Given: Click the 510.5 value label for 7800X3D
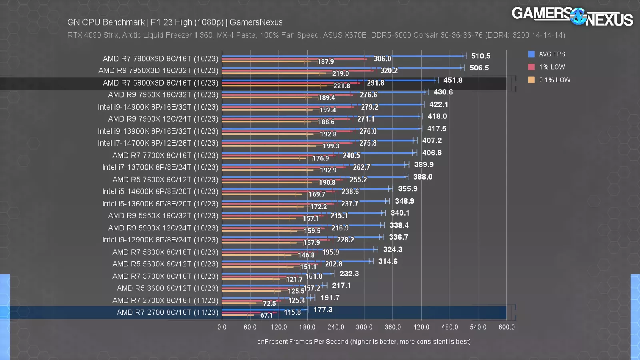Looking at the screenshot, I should click(480, 56).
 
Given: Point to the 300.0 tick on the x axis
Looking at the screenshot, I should click(364, 327).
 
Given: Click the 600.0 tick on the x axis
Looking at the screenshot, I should click(506, 327).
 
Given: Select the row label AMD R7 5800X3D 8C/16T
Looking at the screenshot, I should click(160, 83).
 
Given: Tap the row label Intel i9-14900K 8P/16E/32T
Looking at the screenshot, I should click(158, 107).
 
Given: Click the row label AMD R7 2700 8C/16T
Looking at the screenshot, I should click(167, 312).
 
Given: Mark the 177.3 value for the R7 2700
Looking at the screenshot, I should click(323, 310).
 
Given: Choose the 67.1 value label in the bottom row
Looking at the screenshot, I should click(266, 315).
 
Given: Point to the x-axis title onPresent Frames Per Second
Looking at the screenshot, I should click(364, 342).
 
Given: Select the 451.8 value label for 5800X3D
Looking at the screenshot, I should click(453, 80).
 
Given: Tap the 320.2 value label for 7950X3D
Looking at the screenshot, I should click(389, 71).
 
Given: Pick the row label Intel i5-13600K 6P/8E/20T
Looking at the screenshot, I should click(160, 204).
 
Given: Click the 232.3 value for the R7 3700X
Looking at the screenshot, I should click(349, 274).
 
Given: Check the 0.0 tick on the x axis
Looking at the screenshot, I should click(222, 327).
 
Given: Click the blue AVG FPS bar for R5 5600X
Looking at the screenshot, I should click(296, 261).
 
